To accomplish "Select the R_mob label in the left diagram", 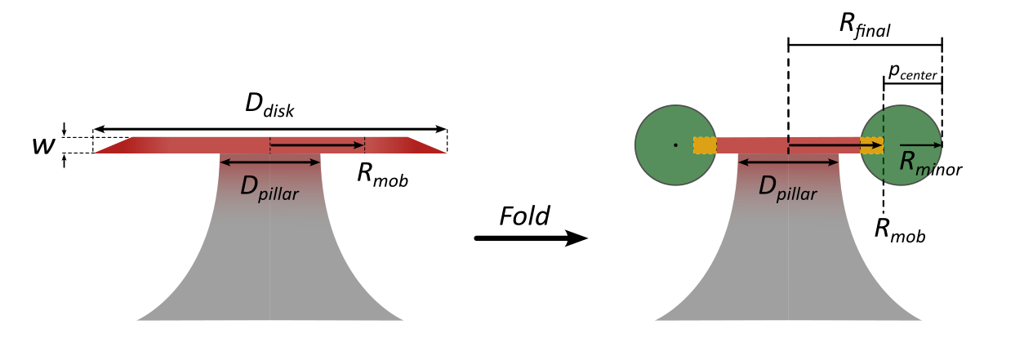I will click(382, 175).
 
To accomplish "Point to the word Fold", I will click(525, 216).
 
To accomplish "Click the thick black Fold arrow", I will click(531, 238).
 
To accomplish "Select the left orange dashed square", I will click(705, 145).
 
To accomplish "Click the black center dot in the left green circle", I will click(675, 145).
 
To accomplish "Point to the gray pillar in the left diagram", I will click(269, 261).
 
